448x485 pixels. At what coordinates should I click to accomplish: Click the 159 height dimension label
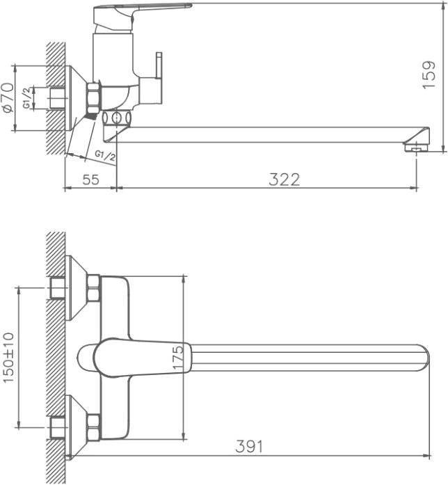point(429,74)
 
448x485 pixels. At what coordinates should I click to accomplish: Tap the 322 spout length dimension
point(284,180)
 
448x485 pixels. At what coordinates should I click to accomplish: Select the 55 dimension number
point(91,179)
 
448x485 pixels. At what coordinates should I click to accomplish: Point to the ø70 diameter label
point(8,98)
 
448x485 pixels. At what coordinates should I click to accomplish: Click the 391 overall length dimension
point(249,446)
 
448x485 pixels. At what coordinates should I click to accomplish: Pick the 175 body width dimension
point(178,358)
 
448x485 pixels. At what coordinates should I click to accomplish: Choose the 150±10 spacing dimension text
point(8,357)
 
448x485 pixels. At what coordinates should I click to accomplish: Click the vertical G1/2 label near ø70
point(27,97)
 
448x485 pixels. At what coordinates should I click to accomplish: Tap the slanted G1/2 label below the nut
point(105,156)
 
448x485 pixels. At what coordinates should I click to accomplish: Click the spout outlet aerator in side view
point(417,147)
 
